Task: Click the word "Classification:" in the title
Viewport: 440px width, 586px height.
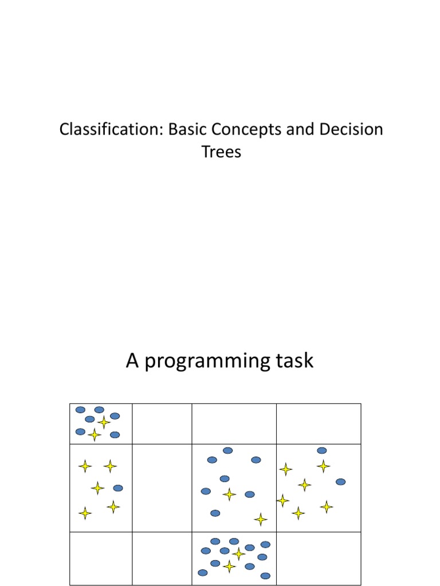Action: click(112, 129)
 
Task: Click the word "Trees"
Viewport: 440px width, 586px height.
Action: click(221, 152)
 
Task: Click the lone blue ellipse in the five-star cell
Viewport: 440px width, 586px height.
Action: click(118, 488)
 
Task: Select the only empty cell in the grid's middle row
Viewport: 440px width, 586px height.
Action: click(162, 488)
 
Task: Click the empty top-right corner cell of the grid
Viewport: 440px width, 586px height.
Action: click(319, 423)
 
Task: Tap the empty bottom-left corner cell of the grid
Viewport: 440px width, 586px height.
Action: click(101, 559)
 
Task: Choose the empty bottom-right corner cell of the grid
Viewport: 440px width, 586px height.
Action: click(319, 559)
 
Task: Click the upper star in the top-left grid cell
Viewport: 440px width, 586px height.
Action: click(104, 422)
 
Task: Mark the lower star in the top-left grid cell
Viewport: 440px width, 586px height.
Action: click(95, 435)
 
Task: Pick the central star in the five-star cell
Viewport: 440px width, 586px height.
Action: click(98, 488)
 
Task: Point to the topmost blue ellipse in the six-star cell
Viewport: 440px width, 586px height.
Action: click(322, 450)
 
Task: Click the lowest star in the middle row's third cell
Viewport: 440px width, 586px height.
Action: click(261, 519)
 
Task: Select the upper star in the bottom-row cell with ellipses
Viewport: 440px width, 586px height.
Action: click(239, 553)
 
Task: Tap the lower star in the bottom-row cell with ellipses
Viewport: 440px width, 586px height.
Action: click(229, 567)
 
